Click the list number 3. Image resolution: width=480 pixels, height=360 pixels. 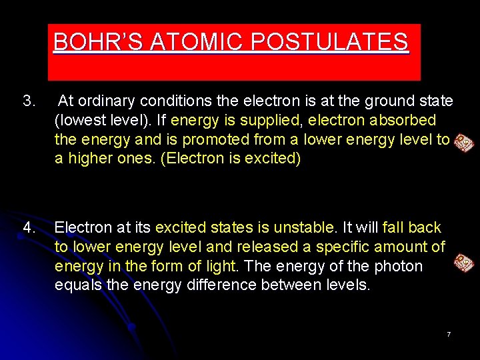coord(29,101)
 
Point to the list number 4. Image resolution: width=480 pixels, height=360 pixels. coord(29,227)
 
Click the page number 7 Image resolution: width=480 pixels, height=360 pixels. coord(449,333)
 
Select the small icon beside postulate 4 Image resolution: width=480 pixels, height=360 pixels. coord(464,262)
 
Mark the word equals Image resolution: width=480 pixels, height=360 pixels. coord(76,286)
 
